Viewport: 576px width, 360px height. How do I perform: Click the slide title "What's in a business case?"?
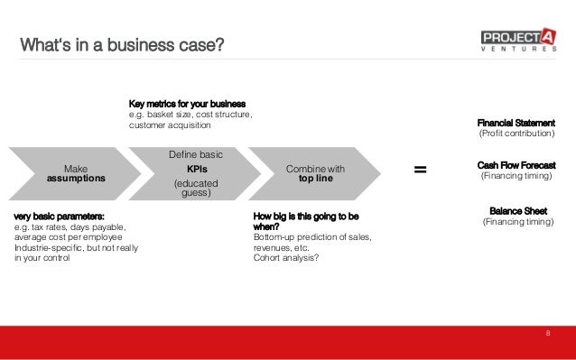click(123, 42)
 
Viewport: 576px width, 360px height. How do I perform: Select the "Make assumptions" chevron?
click(76, 173)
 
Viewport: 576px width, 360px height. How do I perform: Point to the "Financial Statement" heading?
click(516, 123)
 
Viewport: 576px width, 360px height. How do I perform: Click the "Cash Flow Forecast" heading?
click(516, 166)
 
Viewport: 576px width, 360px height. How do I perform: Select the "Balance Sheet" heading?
click(518, 210)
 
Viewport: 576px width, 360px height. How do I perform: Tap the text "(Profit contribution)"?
click(516, 134)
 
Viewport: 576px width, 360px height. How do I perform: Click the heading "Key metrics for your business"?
click(188, 104)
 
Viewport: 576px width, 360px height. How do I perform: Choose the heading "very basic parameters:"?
click(60, 217)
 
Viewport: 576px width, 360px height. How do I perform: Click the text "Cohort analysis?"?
click(285, 257)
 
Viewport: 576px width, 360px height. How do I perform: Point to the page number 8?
click(547, 334)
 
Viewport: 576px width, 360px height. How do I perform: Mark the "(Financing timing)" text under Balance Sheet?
click(518, 222)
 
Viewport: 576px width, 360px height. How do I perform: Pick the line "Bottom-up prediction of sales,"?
click(312, 237)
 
